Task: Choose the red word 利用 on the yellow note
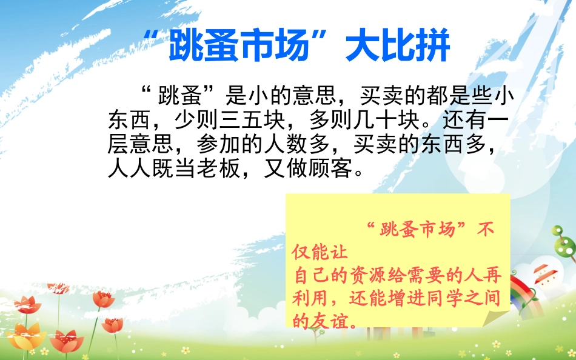(309, 298)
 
